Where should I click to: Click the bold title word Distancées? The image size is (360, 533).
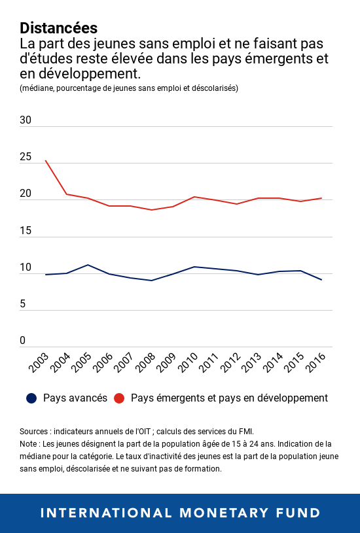[59, 28]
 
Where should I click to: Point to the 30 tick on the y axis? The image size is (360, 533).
[26, 120]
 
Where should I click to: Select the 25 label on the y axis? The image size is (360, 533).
[26, 157]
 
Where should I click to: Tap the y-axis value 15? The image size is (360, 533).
[26, 231]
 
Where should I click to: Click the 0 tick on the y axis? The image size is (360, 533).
[22, 341]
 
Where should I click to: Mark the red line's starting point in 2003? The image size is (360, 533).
[45, 160]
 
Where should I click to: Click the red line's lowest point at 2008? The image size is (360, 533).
[151, 210]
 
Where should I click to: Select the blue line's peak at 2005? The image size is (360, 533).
[88, 265]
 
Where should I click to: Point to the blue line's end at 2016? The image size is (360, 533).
[321, 280]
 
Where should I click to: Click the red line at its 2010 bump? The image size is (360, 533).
[194, 197]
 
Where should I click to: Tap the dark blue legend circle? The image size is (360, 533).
[31, 398]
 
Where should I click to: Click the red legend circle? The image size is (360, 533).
[119, 398]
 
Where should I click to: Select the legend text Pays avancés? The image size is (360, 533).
[75, 398]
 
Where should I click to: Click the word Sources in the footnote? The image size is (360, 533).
[35, 432]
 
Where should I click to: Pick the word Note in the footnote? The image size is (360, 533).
[29, 444]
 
